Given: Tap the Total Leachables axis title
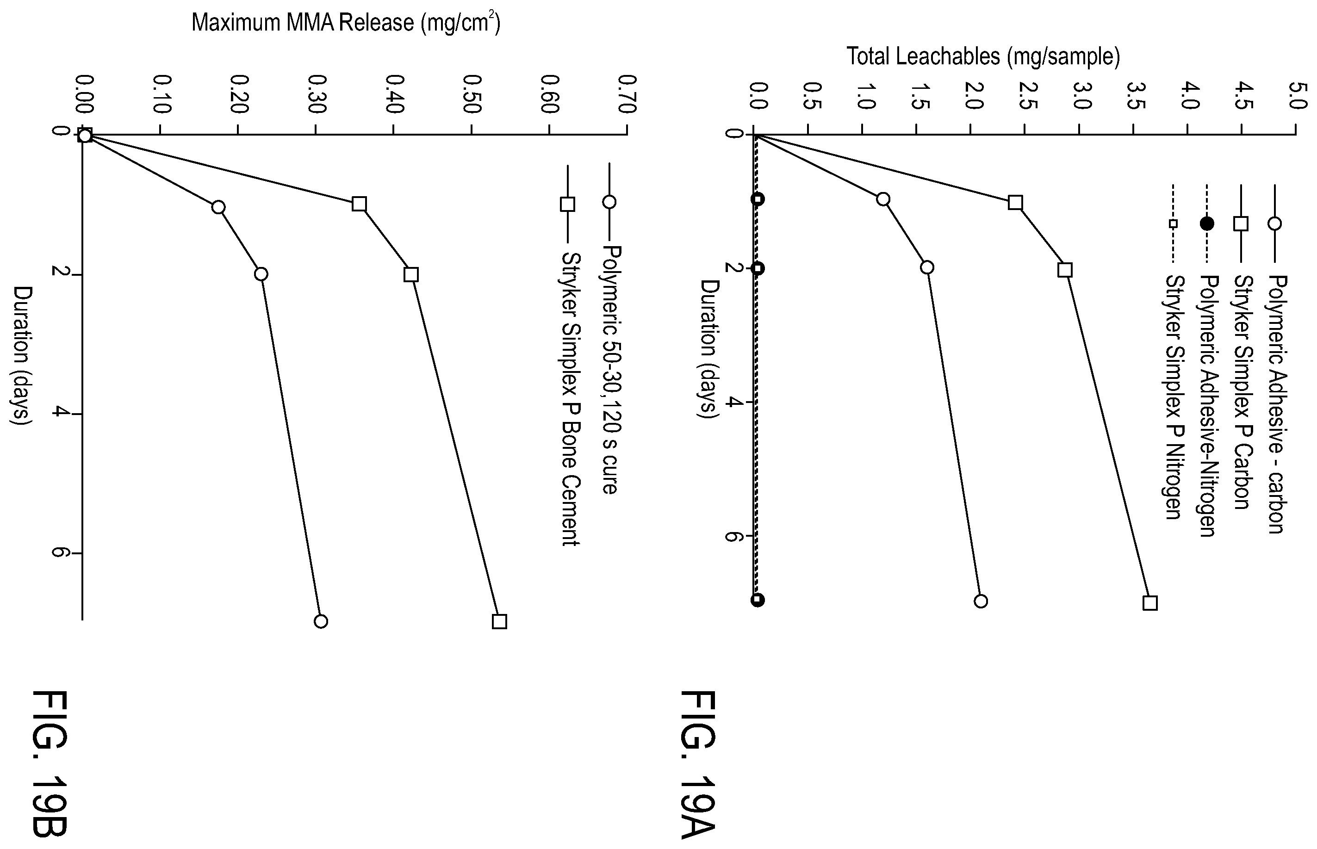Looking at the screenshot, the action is point(983,56).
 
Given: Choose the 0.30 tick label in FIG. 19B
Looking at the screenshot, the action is point(317,94).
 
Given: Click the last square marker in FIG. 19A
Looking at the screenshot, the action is point(1150,602).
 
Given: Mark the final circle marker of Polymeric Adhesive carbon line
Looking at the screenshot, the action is point(981,601).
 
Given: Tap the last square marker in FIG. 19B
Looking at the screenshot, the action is point(499,621).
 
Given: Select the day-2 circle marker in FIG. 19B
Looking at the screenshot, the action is point(261,274).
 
